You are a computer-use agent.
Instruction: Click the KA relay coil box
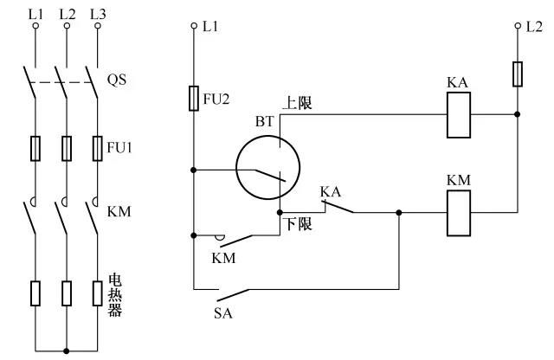(x=458, y=113)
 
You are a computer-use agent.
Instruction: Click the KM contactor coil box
(x=458, y=213)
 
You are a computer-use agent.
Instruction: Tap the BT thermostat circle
(x=267, y=170)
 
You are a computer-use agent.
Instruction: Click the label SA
(x=223, y=312)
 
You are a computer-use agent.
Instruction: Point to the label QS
(x=116, y=79)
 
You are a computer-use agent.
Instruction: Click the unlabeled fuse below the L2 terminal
(x=518, y=74)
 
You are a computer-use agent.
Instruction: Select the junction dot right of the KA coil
(x=518, y=113)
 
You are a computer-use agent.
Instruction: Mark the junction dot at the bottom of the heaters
(x=66, y=350)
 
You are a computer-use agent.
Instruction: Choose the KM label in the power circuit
(x=117, y=210)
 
